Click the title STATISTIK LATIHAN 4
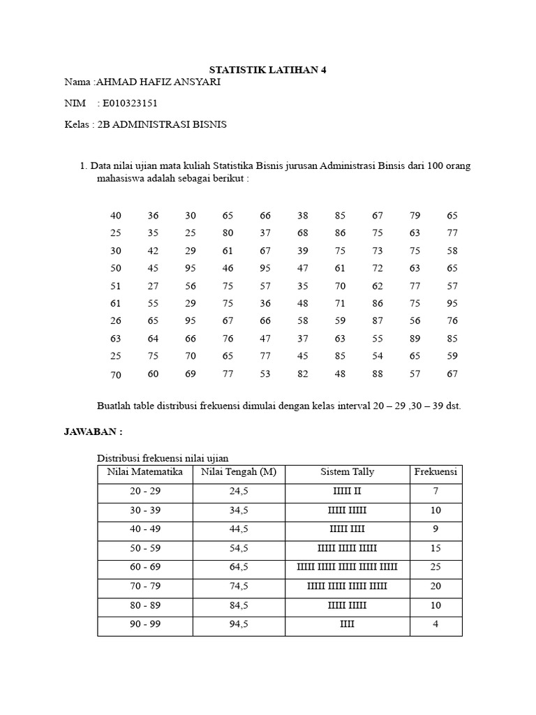[x=269, y=70]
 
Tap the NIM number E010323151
[x=130, y=103]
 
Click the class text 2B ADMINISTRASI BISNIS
[x=170, y=124]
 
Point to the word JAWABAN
[x=92, y=432]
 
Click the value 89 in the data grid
[x=415, y=338]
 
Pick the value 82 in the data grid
[x=304, y=374]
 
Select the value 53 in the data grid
[x=266, y=374]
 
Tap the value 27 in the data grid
[x=153, y=285]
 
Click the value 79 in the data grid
[x=415, y=215]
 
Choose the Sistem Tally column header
[x=347, y=472]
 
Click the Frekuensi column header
[x=435, y=472]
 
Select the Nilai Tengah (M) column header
[x=239, y=472]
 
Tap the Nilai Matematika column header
[x=145, y=472]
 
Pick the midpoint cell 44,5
[x=239, y=529]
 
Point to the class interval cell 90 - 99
[x=145, y=624]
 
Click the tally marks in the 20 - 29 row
[x=347, y=492]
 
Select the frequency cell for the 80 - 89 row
[x=435, y=605]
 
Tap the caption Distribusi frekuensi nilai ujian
[x=162, y=457]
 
